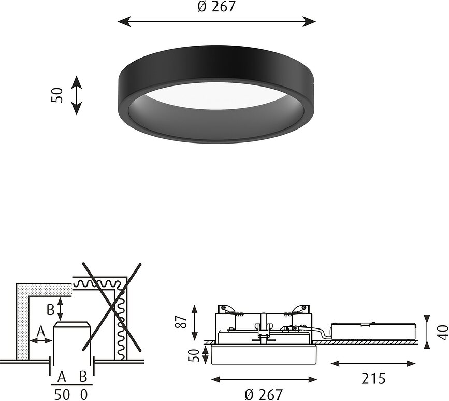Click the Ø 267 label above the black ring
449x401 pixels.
coord(216,7)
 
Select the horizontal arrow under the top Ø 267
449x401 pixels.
coord(216,21)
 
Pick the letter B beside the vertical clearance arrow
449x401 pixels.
coord(50,310)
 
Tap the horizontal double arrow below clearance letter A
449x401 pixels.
coord(40,340)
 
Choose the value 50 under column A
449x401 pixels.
coord(62,394)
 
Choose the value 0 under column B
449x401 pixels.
coord(84,394)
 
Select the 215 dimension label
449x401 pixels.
coord(373,379)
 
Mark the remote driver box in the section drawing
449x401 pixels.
coord(374,332)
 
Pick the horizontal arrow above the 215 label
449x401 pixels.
coord(373,363)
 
